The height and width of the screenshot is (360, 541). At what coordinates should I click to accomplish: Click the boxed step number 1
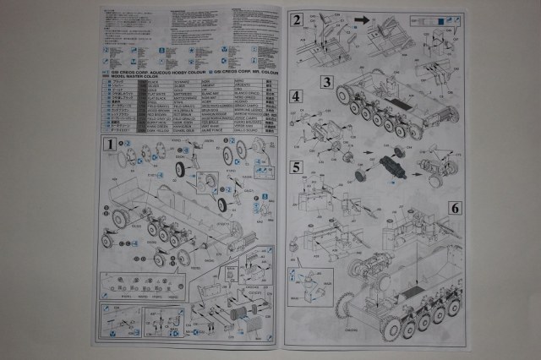coord(109,145)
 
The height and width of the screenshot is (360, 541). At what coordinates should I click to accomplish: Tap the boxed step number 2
coord(297,21)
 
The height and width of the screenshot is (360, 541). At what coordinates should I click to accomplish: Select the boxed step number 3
coord(326,82)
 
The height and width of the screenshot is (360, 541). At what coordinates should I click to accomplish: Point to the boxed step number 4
coord(296,96)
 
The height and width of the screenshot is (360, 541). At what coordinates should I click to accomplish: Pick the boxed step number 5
coord(296,166)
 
